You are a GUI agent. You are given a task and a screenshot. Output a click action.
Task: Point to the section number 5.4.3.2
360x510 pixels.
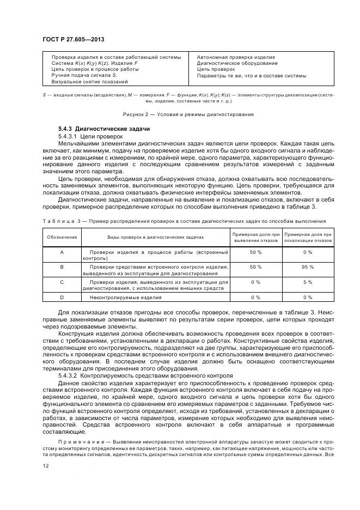(69, 375)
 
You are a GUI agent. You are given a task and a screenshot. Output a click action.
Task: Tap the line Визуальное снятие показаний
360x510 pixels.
(89, 82)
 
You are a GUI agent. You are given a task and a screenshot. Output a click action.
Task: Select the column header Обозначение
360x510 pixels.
(62, 237)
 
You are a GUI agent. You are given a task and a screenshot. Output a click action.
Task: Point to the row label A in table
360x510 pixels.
(62, 252)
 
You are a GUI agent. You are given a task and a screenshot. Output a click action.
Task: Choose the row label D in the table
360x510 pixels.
(62, 297)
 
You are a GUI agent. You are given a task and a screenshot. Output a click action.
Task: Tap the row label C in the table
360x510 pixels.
(62, 282)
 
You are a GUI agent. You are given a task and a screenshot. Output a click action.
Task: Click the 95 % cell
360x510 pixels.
(307, 267)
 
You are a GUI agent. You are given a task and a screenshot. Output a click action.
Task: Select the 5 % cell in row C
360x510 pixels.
(307, 282)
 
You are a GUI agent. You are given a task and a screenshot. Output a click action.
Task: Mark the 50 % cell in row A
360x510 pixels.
(255, 252)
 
